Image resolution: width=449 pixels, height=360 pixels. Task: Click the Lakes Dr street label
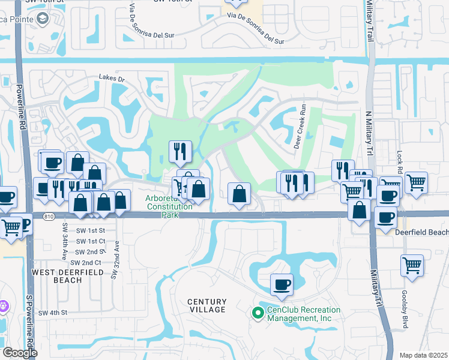coord(112,79)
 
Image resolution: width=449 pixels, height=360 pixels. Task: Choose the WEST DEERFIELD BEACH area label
coord(61,276)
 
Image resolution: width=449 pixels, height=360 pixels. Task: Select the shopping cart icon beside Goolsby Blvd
coord(412,265)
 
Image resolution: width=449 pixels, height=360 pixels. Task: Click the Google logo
coord(20,353)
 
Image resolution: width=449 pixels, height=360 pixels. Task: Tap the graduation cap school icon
coord(42,19)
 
